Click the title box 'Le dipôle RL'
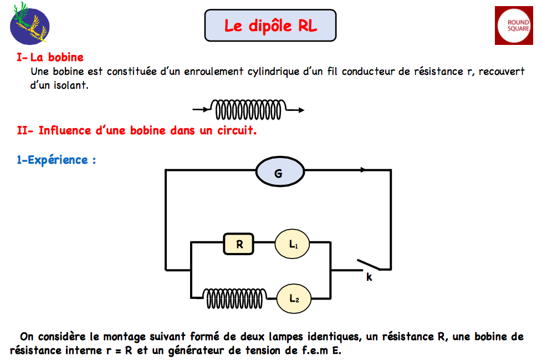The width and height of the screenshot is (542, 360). pyautogui.click(x=270, y=26)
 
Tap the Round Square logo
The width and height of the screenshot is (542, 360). pyautogui.click(x=518, y=26)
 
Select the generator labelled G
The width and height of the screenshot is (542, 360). pyautogui.click(x=278, y=174)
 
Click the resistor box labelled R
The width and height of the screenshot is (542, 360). pyautogui.click(x=238, y=244)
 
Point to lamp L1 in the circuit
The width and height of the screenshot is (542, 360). pyautogui.click(x=293, y=244)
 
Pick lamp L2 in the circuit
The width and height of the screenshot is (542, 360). pyautogui.click(x=294, y=298)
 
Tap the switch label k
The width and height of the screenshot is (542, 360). pyautogui.click(x=369, y=277)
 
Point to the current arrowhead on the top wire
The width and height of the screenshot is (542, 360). pyautogui.click(x=364, y=170)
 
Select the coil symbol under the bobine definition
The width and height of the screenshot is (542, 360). pyautogui.click(x=248, y=110)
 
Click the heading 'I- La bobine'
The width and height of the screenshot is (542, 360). pyautogui.click(x=50, y=57)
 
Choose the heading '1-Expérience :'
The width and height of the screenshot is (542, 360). pyautogui.click(x=57, y=160)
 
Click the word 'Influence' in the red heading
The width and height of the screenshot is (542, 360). pyautogui.click(x=64, y=131)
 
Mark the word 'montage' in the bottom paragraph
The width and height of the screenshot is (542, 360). pyautogui.click(x=117, y=336)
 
